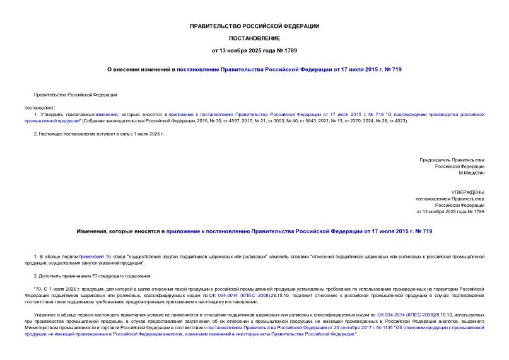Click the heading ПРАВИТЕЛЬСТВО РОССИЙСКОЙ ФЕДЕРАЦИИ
[x=254, y=26]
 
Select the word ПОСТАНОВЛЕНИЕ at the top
[x=254, y=38]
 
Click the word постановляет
[x=40, y=107]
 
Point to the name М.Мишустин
[x=471, y=172]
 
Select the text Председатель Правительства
[x=452, y=160]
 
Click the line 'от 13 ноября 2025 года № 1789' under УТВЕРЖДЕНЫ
[x=450, y=211]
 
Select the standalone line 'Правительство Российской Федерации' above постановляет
[x=76, y=95]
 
